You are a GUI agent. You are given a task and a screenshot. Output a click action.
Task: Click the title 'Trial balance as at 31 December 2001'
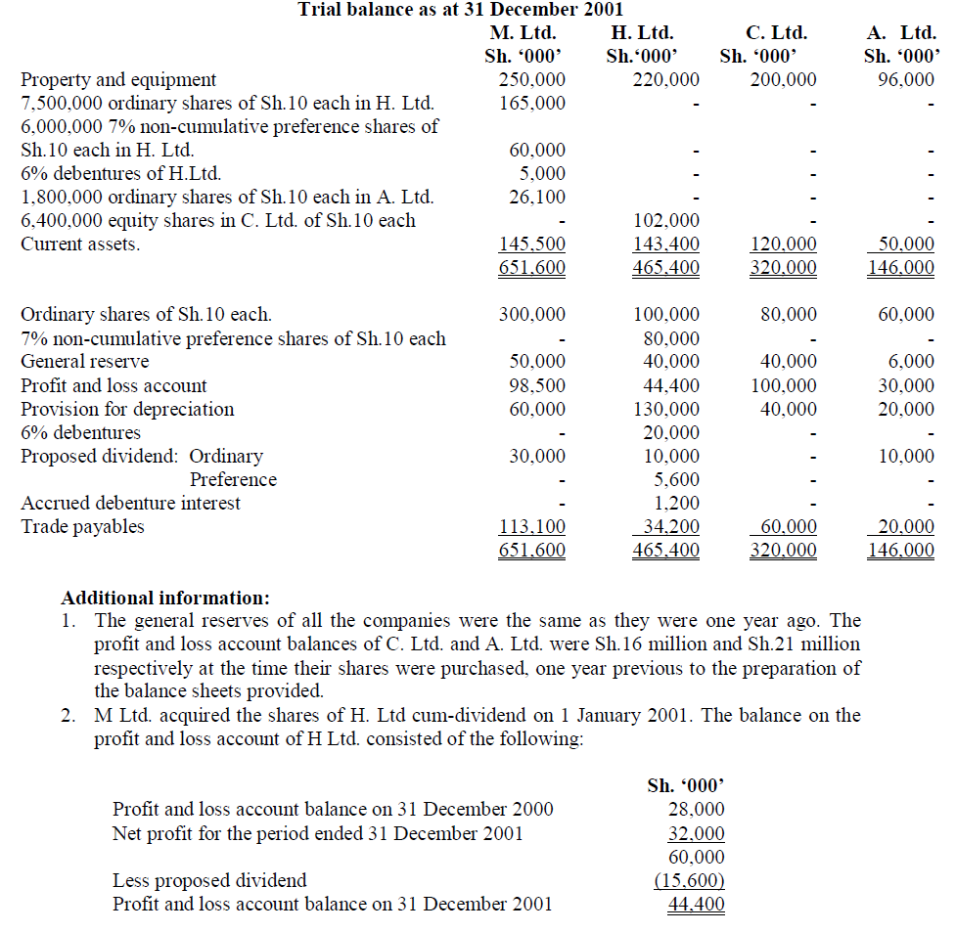(460, 11)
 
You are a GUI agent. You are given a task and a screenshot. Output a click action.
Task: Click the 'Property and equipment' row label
(118, 80)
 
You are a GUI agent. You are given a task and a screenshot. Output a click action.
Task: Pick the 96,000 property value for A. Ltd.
(905, 80)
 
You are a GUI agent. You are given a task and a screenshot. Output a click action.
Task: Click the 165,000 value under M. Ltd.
(532, 104)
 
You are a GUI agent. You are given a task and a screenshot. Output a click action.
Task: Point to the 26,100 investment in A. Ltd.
(537, 198)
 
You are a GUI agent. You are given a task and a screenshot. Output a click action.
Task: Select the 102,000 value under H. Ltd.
(666, 221)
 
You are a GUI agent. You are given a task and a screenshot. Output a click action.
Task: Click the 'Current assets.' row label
(80, 244)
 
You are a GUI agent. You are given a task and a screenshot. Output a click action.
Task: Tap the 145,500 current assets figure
(532, 244)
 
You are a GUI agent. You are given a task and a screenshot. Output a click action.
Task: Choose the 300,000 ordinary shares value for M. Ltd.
(532, 315)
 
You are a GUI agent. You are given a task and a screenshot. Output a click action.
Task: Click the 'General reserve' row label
(85, 362)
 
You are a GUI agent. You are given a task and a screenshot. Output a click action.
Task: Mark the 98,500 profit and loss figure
(537, 385)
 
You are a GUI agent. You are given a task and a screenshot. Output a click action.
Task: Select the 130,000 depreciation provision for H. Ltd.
(666, 409)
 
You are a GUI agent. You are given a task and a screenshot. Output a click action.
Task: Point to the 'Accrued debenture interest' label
(131, 503)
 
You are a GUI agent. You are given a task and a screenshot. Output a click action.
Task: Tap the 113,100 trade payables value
(532, 527)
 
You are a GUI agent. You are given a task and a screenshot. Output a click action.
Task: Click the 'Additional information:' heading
(165, 598)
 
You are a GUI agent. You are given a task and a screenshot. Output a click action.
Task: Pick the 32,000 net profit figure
(696, 833)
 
